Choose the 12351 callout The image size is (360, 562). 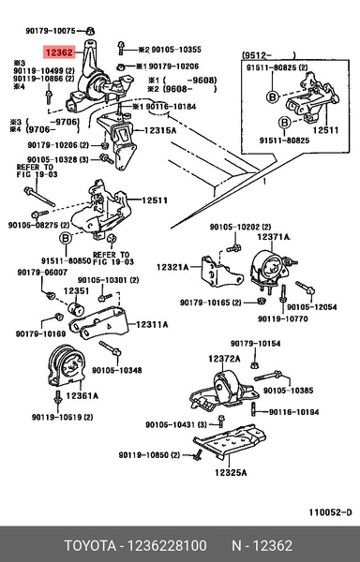76,291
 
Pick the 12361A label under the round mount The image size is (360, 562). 81,396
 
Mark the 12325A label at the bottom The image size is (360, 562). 229,472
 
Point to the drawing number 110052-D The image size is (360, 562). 331,511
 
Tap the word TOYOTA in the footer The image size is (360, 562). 89,544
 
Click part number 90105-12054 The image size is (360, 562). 311,305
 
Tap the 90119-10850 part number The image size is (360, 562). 150,454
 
